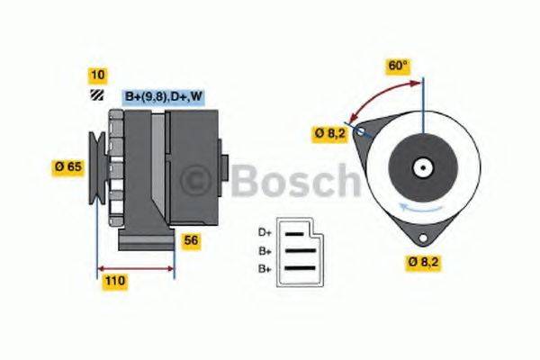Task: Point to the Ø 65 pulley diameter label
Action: click(x=67, y=166)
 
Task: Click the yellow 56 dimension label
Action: click(x=191, y=240)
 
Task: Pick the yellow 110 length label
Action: click(x=114, y=281)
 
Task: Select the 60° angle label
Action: click(x=397, y=67)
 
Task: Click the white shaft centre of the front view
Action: click(x=421, y=167)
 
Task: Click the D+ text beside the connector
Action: click(x=265, y=232)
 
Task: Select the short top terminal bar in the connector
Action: click(x=292, y=232)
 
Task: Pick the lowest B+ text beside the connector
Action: click(x=265, y=268)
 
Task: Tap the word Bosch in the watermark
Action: click(x=292, y=182)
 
